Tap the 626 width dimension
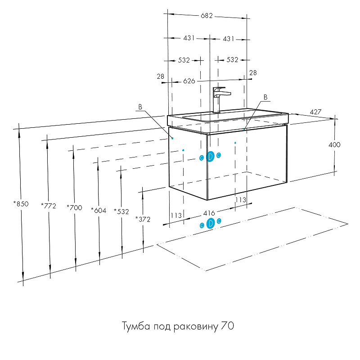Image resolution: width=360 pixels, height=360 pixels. tap(189, 81)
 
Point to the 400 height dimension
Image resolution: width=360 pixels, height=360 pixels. tap(334, 145)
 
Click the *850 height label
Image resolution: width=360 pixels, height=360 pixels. tap(21, 204)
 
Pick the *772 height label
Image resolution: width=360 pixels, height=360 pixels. tap(48, 206)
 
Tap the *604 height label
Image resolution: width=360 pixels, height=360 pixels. tap(98, 210)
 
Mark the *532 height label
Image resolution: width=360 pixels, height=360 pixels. tap(121, 211)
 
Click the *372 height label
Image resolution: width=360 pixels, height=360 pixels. tap(143, 219)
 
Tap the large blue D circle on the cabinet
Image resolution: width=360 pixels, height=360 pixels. tap(210, 156)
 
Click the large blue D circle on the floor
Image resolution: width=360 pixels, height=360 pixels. tap(210, 223)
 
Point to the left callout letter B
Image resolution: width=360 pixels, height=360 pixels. tap(140, 107)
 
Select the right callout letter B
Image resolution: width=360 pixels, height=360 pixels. tap(265, 97)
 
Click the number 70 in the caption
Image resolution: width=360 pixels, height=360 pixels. tap(227, 326)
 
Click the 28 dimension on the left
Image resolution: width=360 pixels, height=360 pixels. tap(161, 76)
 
